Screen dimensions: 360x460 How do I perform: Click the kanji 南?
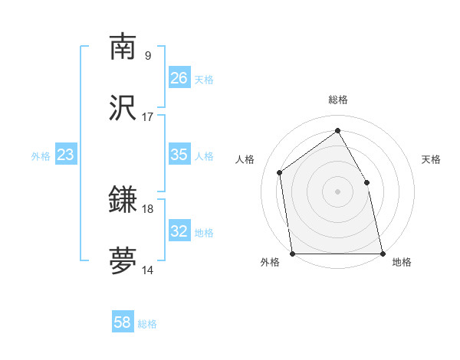[x=123, y=47]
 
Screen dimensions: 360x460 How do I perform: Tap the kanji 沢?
[x=123, y=110]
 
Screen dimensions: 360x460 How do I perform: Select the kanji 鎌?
[x=123, y=201]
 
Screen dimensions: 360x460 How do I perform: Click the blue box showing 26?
[x=179, y=78]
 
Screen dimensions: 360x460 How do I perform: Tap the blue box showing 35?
[x=179, y=155]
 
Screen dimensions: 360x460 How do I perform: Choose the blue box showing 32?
[x=179, y=231]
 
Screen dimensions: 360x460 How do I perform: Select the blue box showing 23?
[x=65, y=155]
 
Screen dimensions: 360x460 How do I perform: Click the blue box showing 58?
[x=123, y=322]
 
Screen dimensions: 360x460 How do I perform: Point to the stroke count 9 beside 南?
[x=148, y=55]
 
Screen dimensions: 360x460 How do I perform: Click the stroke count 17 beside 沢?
[x=148, y=117]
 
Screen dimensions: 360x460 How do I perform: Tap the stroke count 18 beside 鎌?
[x=148, y=208]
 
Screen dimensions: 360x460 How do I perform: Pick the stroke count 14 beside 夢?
[x=148, y=270]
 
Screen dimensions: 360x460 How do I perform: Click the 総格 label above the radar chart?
[x=338, y=100]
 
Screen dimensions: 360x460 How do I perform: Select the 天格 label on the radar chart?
[x=431, y=159]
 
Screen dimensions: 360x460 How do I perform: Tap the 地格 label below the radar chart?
[x=402, y=263]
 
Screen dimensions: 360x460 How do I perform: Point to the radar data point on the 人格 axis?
[x=280, y=172]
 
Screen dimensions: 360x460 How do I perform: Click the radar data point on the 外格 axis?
[x=292, y=254]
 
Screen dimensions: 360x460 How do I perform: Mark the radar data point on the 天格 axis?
[x=366, y=182]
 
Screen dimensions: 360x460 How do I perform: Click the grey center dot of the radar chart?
[x=337, y=191]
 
